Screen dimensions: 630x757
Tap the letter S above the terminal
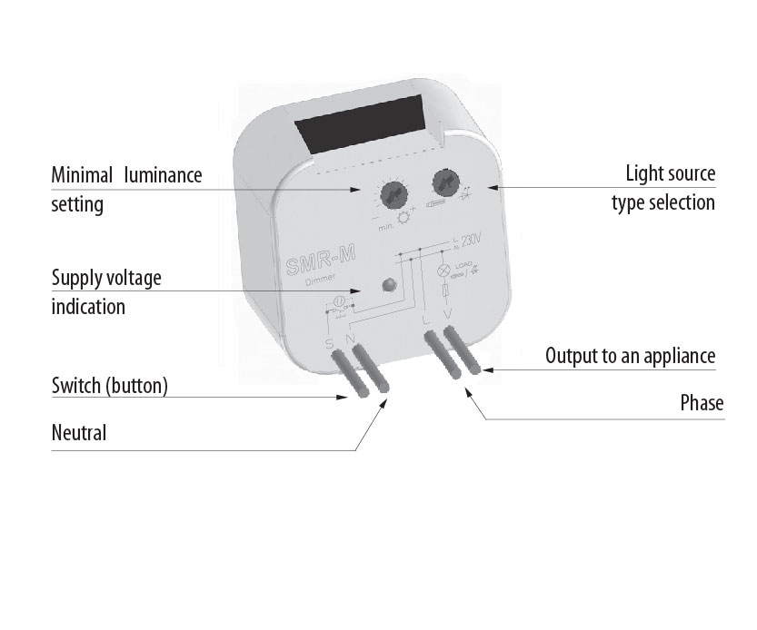[x=330, y=343]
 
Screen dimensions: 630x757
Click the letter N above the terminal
[x=350, y=341]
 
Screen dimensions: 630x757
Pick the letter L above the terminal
[x=426, y=318]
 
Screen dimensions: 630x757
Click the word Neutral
[x=79, y=433]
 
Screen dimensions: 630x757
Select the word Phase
[x=702, y=402]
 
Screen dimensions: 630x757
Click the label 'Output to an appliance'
[x=630, y=355]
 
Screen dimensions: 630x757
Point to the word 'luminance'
[x=164, y=174]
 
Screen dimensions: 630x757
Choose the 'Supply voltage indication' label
[x=105, y=290]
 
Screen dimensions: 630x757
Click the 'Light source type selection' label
[x=662, y=187]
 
